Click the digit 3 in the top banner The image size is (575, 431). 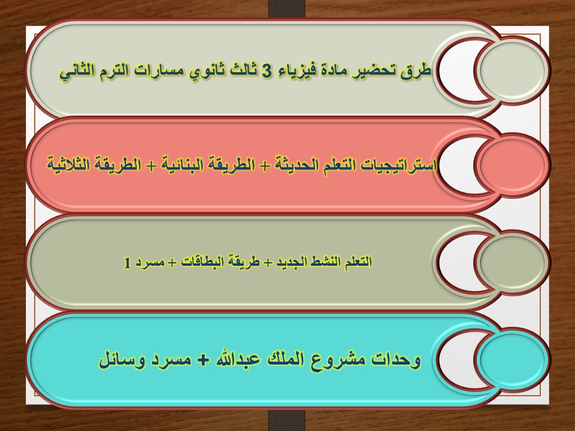268,71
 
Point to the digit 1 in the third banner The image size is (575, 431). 126,262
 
